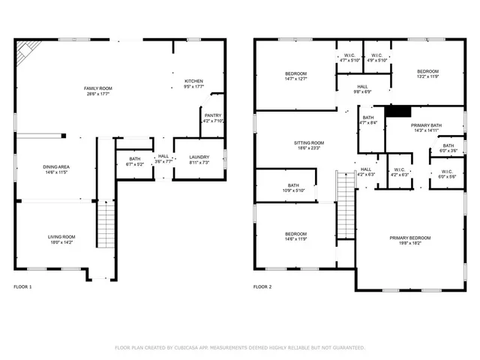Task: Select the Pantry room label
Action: point(213,118)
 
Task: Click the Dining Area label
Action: point(56,169)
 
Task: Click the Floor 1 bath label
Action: point(134,161)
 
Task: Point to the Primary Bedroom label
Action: point(410,241)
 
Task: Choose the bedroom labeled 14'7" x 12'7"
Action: point(295,76)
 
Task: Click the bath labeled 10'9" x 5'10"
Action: point(293,188)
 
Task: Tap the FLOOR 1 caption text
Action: point(22,287)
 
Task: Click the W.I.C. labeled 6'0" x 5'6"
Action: point(446,175)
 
